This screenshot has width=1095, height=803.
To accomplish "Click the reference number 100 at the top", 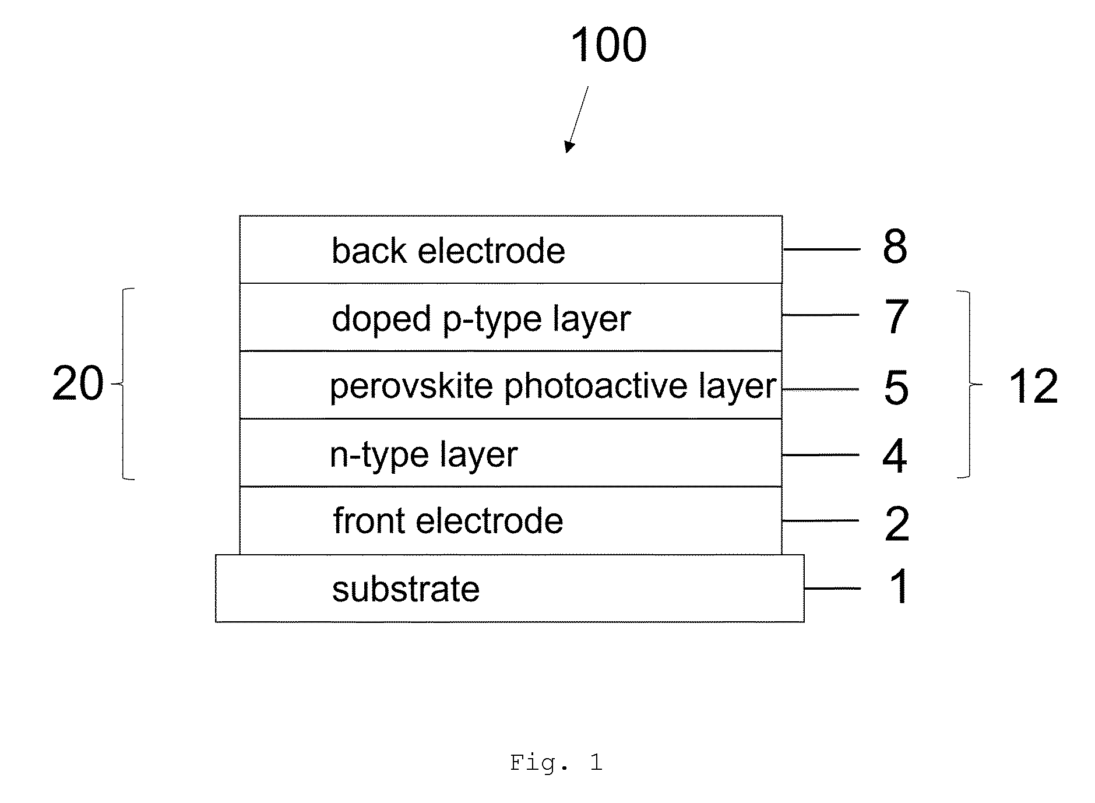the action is pyautogui.click(x=608, y=45).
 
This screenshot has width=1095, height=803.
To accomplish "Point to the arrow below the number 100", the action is pyautogui.click(x=576, y=120).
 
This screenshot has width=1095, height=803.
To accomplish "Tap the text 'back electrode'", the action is pyautogui.click(x=448, y=251).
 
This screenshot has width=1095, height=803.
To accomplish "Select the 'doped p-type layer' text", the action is pyautogui.click(x=481, y=319).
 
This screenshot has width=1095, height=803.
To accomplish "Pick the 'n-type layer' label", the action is pyautogui.click(x=424, y=455).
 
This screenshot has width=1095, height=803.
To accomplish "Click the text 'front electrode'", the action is pyautogui.click(x=448, y=520).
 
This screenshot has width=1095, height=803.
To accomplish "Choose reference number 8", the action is pyautogui.click(x=895, y=246).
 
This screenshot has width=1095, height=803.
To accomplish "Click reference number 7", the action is pyautogui.click(x=896, y=317).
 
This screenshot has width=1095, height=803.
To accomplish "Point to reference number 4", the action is pyautogui.click(x=895, y=456).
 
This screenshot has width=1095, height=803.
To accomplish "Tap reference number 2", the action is pyautogui.click(x=897, y=524).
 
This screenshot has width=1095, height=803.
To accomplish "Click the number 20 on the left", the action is pyautogui.click(x=78, y=383).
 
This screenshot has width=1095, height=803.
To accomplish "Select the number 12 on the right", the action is pyautogui.click(x=1033, y=386).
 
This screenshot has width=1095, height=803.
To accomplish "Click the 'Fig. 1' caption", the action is pyautogui.click(x=556, y=762).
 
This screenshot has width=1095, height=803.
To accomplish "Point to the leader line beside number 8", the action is pyautogui.click(x=822, y=249).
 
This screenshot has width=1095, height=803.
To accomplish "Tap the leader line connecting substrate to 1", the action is pyautogui.click(x=833, y=589).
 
